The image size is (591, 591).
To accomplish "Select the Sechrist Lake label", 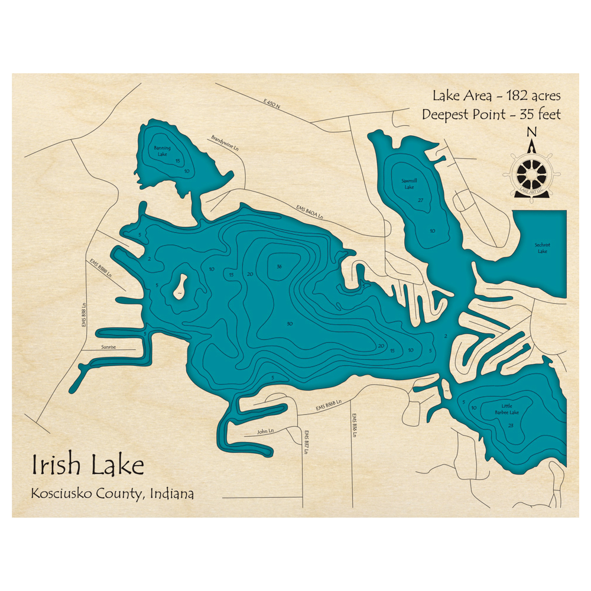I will [x=542, y=248].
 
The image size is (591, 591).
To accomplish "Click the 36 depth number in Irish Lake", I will [x=279, y=267].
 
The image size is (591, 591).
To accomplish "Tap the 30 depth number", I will [x=289, y=324].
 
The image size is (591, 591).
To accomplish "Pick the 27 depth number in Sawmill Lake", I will [x=420, y=201].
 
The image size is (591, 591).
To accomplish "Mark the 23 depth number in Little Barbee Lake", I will [x=511, y=426].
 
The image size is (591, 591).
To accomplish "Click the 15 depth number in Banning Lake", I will [x=177, y=160].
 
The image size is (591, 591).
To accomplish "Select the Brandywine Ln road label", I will [x=227, y=142].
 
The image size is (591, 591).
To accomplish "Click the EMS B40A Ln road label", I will [x=310, y=212].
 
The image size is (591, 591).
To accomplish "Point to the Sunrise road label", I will [x=109, y=348].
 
